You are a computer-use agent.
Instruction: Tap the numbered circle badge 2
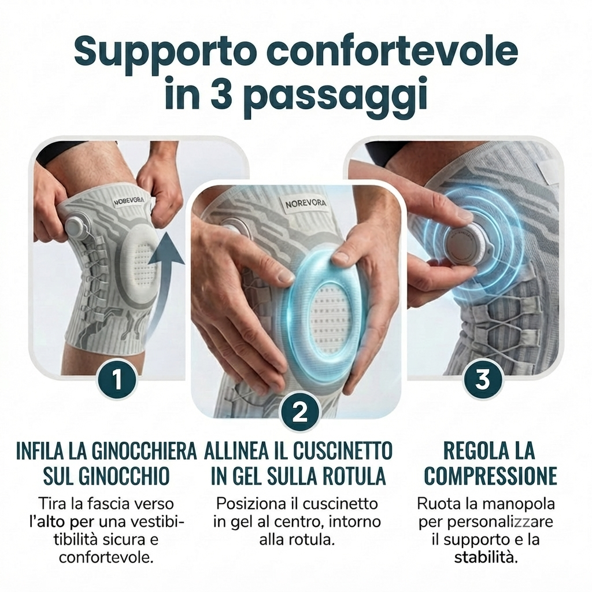(300, 413)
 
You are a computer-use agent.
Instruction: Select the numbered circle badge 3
(483, 379)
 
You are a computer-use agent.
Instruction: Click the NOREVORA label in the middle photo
(305, 203)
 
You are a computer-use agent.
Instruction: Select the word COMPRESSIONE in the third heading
(491, 476)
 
